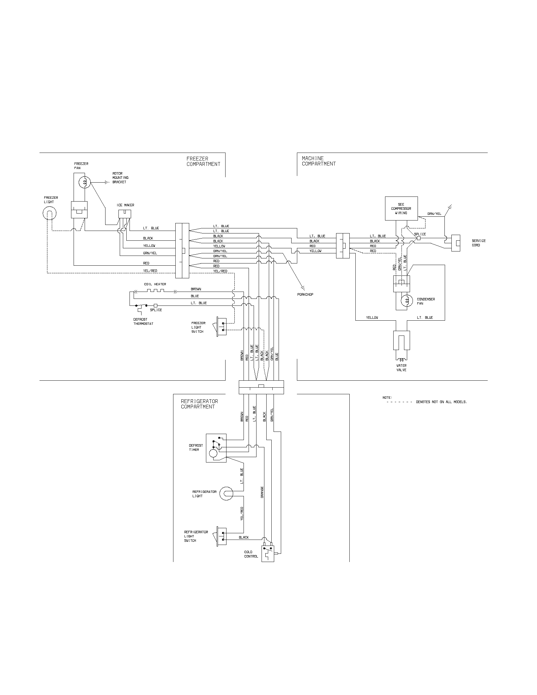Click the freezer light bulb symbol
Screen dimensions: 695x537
click(x=49, y=213)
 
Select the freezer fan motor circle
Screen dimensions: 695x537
click(x=85, y=182)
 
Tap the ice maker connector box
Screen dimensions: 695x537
click(x=124, y=214)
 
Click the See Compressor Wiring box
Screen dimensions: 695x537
click(x=401, y=208)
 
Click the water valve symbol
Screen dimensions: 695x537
click(x=401, y=341)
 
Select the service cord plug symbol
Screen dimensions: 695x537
click(x=456, y=243)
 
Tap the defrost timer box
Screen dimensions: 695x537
click(x=216, y=448)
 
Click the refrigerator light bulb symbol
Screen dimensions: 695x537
click(x=226, y=493)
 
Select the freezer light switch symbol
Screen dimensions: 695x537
click(x=222, y=327)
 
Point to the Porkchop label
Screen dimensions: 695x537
click(x=305, y=294)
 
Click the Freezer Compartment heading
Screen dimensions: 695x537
click(x=203, y=161)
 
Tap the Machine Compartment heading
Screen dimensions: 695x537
click(x=318, y=161)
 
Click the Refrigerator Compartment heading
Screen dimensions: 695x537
click(x=199, y=404)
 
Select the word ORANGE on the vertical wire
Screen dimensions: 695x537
click(x=262, y=492)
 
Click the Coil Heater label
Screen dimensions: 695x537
click(x=155, y=284)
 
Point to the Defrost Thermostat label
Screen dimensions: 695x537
click(x=143, y=321)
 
